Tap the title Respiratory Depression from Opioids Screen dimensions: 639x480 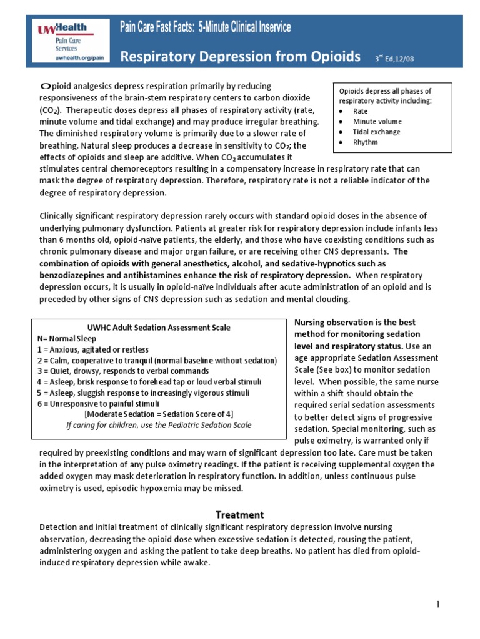(240, 57)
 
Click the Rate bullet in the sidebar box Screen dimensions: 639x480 (360, 111)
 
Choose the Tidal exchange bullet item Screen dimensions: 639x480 (376, 132)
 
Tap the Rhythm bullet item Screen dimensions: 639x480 (365, 142)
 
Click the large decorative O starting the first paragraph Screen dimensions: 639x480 (44, 86)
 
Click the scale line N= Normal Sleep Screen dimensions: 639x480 (67, 338)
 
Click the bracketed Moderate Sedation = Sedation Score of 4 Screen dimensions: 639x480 (159, 414)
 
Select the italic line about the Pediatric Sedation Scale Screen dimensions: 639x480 (159, 425)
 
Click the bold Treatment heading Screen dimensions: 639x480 (240, 515)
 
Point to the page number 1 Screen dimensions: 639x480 (439, 604)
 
